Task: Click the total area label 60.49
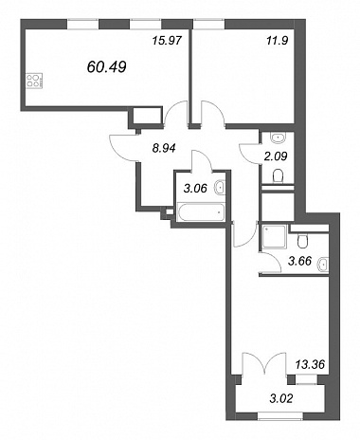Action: pos(106,66)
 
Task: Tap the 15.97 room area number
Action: pos(167,41)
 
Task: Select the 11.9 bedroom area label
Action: pos(278,41)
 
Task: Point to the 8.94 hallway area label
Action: pos(164,148)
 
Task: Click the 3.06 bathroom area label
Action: pos(195,189)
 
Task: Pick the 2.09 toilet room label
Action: pos(276,156)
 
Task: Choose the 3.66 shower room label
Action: pos(300,261)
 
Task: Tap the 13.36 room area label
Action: pos(310,364)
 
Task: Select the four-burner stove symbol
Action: pos(34,81)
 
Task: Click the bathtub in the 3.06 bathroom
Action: pos(202,212)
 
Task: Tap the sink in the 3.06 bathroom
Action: pos(220,187)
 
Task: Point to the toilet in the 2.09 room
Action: pos(279,176)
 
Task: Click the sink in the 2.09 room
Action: pos(278,137)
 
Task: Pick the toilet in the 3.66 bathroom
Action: pos(302,241)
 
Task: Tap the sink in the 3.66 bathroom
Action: pos(323,264)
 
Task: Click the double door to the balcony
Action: pos(264,364)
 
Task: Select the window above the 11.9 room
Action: pos(209,24)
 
